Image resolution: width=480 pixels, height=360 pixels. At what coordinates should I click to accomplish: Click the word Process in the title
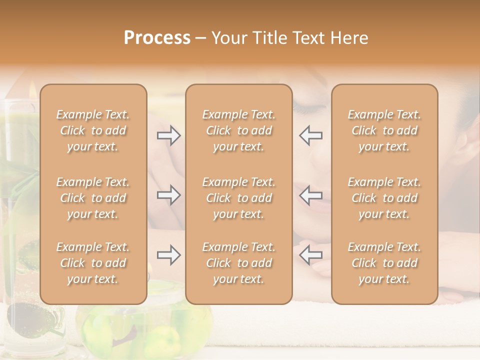tap(157, 38)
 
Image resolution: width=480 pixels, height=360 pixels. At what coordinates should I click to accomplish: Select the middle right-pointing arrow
tap(168, 195)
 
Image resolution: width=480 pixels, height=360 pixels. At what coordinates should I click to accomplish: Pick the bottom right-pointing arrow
tap(168, 255)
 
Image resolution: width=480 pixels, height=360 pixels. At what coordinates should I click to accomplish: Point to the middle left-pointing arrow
tap(310, 195)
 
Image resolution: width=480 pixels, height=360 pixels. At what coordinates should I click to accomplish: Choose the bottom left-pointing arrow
tap(310, 255)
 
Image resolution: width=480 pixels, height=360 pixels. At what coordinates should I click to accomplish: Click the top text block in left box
tap(93, 130)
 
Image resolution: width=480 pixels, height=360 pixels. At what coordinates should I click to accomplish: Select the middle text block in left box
tap(93, 198)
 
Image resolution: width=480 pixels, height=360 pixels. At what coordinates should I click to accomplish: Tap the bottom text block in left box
tap(93, 263)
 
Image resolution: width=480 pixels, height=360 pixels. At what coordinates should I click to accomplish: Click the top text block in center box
tap(238, 130)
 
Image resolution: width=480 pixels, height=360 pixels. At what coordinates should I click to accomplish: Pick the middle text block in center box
tap(238, 198)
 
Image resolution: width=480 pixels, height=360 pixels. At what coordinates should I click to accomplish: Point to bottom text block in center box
tap(238, 263)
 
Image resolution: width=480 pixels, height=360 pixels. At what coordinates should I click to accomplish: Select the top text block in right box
tap(384, 130)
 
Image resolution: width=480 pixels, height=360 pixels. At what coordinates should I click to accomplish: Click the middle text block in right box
tap(384, 198)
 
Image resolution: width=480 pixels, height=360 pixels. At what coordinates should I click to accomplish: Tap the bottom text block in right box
tap(384, 263)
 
